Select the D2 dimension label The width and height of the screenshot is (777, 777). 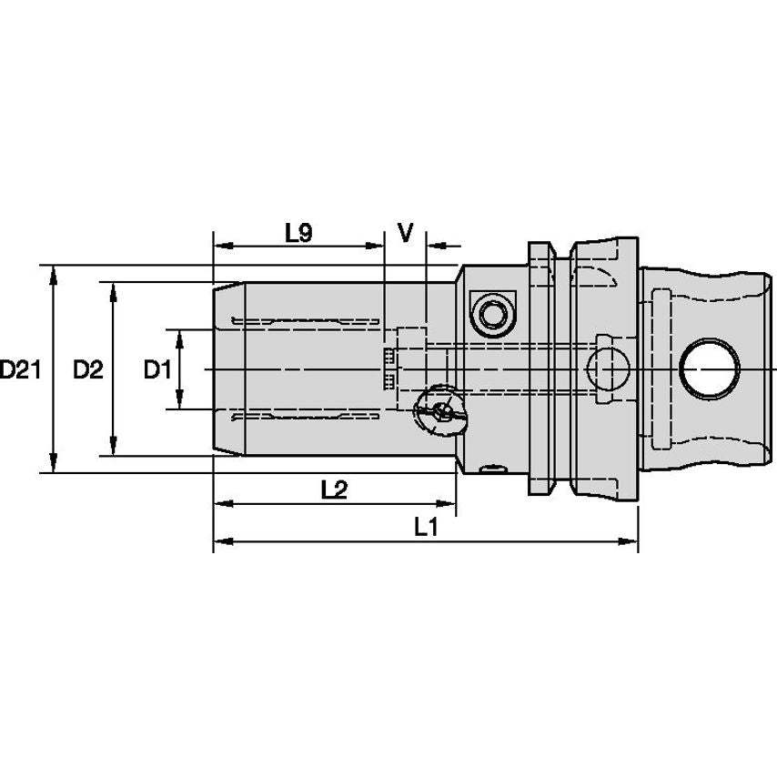(x=87, y=370)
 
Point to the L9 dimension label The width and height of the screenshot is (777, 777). (x=298, y=233)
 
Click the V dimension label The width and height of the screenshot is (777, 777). (x=406, y=233)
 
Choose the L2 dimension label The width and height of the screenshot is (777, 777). (x=334, y=489)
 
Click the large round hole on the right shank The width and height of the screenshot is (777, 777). (x=708, y=369)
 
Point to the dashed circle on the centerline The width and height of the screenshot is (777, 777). (x=608, y=369)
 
